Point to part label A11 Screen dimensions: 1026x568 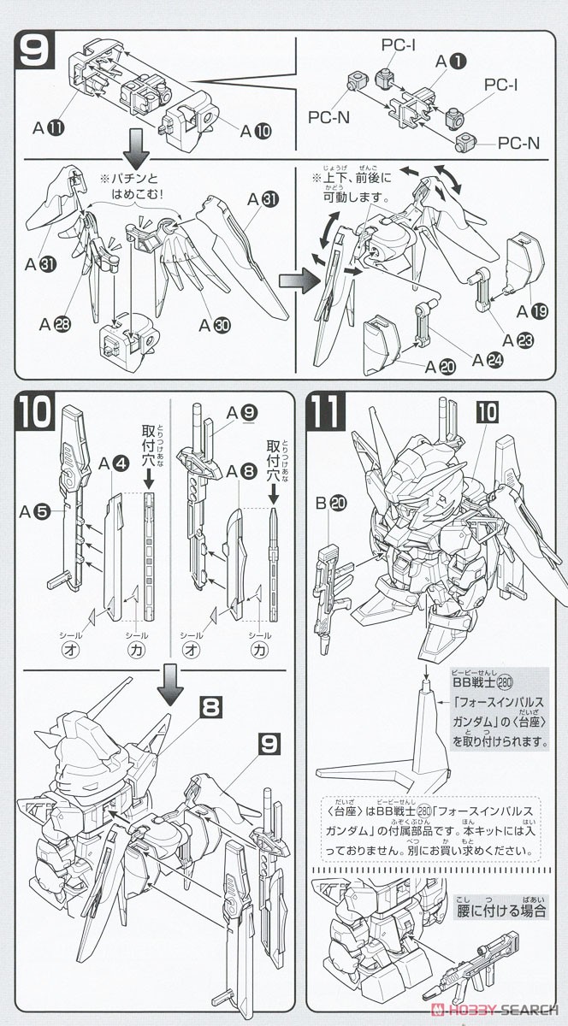48,128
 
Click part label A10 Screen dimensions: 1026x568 254,132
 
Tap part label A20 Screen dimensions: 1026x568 441,364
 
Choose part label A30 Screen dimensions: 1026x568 213,325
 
